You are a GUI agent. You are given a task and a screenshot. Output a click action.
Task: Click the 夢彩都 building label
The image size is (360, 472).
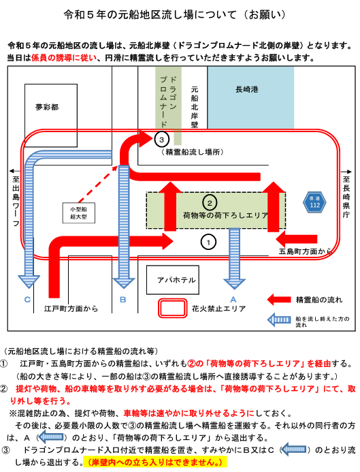pyautogui.click(x=47, y=107)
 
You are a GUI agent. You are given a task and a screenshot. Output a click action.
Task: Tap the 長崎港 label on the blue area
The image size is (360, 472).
pyautogui.click(x=247, y=89)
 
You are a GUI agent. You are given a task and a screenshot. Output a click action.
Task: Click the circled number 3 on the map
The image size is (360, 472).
pyautogui.click(x=162, y=140)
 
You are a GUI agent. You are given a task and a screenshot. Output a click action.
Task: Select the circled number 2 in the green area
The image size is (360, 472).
pyautogui.click(x=210, y=202)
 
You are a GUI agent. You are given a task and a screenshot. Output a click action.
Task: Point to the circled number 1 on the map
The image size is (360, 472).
pyautogui.click(x=208, y=242)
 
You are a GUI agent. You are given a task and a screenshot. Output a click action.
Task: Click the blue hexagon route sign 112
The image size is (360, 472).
pyautogui.click(x=314, y=202)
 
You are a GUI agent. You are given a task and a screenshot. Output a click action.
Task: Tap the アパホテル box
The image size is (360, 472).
pyautogui.click(x=173, y=280)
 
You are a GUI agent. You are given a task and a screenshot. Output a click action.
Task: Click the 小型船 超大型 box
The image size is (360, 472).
pyautogui.click(x=79, y=213)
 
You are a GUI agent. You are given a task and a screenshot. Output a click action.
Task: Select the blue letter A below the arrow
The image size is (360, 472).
pyautogui.click(x=233, y=300)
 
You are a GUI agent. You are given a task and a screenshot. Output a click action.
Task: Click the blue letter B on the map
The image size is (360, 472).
pyautogui.click(x=123, y=300)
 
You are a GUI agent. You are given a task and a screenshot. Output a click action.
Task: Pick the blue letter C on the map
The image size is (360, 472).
pyautogui.click(x=27, y=300)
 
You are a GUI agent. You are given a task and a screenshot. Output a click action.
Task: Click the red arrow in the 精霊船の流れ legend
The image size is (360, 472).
pyautogui.click(x=279, y=300)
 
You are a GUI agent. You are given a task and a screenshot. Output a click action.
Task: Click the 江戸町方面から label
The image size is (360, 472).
pyautogui.click(x=71, y=309)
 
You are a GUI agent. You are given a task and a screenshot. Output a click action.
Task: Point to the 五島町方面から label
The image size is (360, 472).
pyautogui.click(x=305, y=251)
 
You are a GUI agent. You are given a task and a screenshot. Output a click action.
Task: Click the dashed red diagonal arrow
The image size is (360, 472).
pyautogui.click(x=98, y=184)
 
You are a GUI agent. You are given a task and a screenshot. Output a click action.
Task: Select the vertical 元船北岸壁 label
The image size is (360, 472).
pyautogui.click(x=195, y=107)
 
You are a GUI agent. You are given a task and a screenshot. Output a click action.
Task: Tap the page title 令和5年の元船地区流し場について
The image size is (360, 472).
pyautogui.click(x=150, y=15)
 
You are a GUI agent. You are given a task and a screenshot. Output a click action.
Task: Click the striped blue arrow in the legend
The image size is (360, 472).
pyautogui.click(x=280, y=320)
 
